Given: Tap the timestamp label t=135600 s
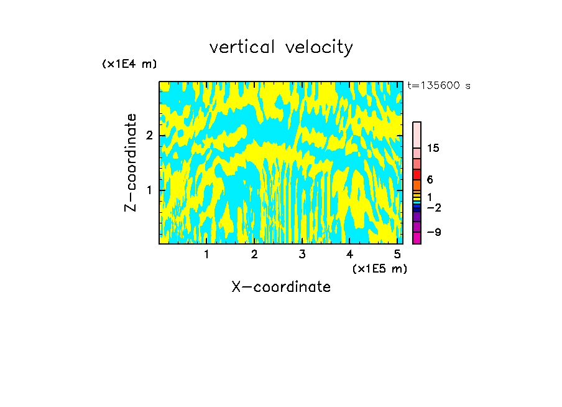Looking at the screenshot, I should (438, 86).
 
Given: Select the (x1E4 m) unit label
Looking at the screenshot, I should (129, 64).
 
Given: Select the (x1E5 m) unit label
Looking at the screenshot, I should (379, 268).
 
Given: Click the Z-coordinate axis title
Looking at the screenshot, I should (131, 162).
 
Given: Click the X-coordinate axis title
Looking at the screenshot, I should (281, 287).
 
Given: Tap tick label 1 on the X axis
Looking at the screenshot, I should (206, 254).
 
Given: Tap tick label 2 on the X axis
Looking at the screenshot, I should (254, 254).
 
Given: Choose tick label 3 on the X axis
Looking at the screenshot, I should (302, 254).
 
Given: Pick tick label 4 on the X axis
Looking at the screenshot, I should (350, 254).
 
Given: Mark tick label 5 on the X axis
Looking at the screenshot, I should (398, 254).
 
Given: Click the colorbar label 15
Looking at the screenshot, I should (433, 148).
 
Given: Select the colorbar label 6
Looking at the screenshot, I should (430, 180).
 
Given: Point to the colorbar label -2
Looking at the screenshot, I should (434, 207).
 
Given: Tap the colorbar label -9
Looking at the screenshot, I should (434, 232).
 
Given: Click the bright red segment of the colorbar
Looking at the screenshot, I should (417, 174).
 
